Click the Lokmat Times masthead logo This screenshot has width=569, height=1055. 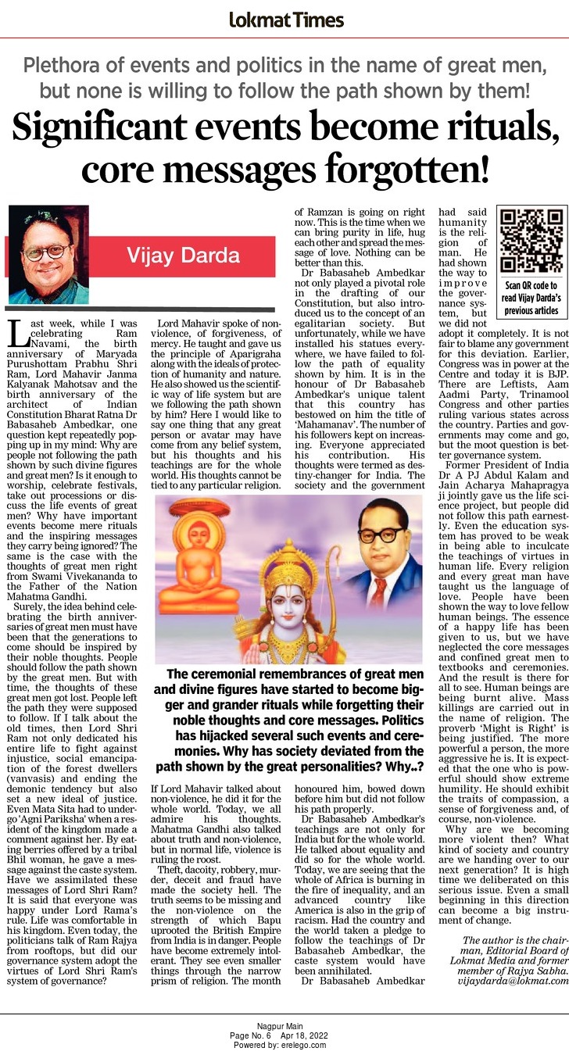click(285, 20)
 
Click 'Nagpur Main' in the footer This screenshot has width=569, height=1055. click(284, 1025)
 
